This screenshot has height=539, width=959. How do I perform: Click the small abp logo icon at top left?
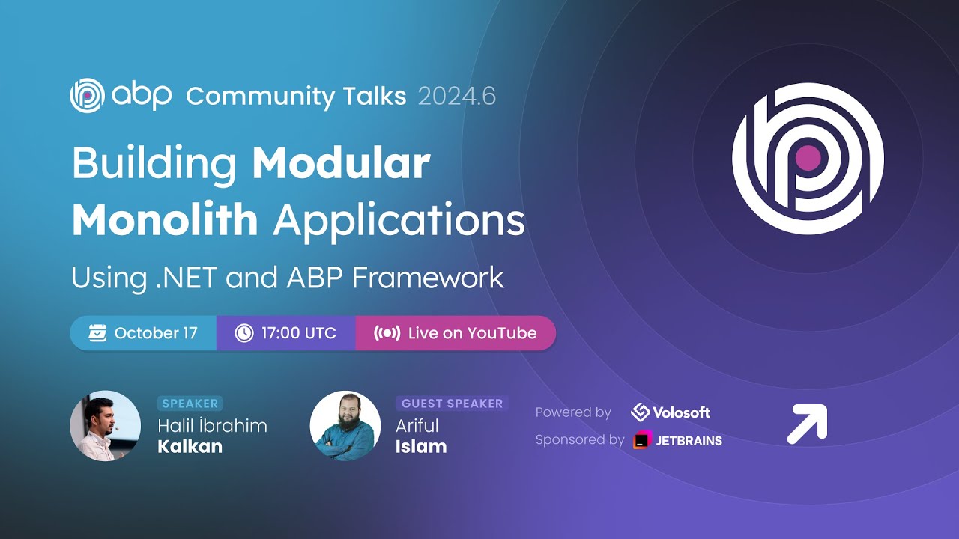(86, 96)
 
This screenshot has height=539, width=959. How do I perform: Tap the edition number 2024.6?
(456, 97)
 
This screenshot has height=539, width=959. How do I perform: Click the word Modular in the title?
(341, 164)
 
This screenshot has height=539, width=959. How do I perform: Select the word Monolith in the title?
(165, 221)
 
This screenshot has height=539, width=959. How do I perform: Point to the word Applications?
(399, 221)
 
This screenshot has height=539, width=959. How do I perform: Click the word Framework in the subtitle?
(428, 278)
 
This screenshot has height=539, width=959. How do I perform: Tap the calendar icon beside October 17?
(97, 333)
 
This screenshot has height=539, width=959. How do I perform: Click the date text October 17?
(156, 333)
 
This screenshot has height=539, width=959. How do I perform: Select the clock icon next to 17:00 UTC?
(244, 333)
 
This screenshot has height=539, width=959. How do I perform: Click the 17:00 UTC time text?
(298, 333)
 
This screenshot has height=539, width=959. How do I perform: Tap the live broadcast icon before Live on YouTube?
(387, 333)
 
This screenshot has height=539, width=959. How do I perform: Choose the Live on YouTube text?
(472, 333)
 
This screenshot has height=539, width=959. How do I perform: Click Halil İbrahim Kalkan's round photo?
(106, 425)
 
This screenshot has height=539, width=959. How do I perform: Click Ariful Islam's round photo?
(345, 425)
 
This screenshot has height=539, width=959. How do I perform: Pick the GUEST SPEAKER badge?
(452, 404)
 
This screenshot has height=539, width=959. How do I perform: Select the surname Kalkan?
(190, 447)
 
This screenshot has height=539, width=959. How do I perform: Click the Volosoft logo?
(671, 412)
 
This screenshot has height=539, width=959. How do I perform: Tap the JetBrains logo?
(677, 440)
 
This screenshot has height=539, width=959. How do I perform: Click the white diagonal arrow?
(807, 424)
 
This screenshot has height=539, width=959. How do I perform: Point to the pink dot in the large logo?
(808, 158)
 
